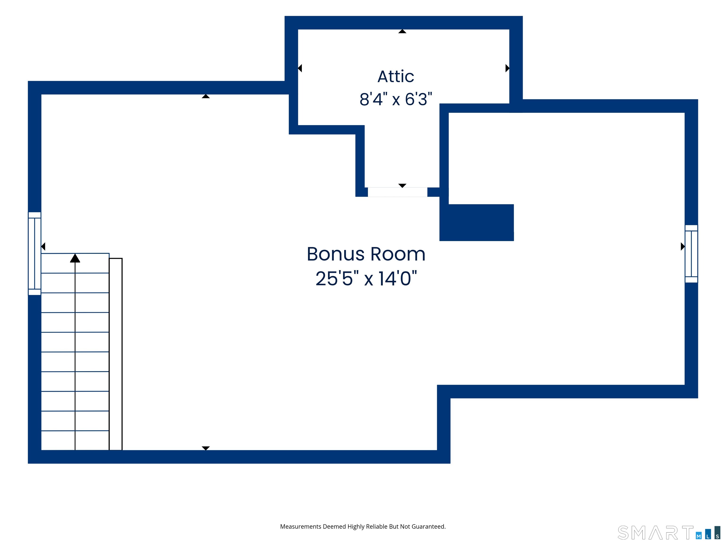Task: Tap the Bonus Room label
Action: [366, 254]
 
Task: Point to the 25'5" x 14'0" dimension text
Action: [366, 278]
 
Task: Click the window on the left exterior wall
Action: [35, 254]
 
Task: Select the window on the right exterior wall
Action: [691, 254]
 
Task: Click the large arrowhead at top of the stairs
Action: [75, 258]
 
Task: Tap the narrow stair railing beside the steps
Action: [116, 354]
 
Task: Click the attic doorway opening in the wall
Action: [398, 192]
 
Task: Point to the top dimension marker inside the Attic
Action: [402, 31]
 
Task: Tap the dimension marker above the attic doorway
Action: [402, 186]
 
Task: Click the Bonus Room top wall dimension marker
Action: [206, 96]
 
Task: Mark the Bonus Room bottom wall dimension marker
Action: [206, 448]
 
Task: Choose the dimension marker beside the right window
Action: [683, 246]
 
